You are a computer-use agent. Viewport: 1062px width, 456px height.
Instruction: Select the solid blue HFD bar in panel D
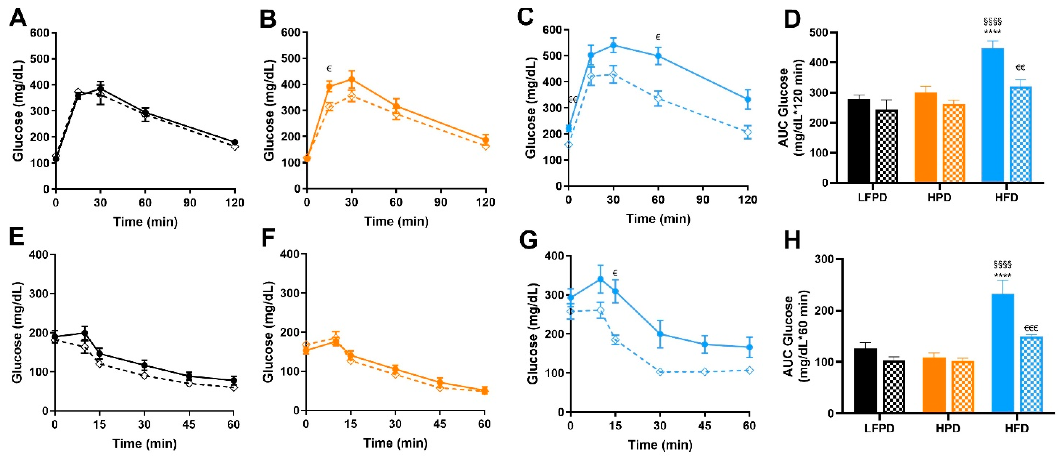(992, 115)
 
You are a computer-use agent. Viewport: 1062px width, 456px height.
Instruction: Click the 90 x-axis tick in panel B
(441, 202)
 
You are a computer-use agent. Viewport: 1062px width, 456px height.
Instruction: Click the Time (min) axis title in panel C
(658, 219)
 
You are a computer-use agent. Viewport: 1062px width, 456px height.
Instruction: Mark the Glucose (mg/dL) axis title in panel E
(17, 333)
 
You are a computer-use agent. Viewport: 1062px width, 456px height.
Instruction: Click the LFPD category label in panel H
(879, 428)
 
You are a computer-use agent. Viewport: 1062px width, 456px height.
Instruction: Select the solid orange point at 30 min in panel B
(351, 79)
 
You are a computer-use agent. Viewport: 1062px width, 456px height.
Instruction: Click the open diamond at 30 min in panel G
(660, 372)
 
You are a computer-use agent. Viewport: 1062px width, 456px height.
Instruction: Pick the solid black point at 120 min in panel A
(235, 142)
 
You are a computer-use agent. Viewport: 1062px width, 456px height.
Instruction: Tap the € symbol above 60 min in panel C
(658, 38)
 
